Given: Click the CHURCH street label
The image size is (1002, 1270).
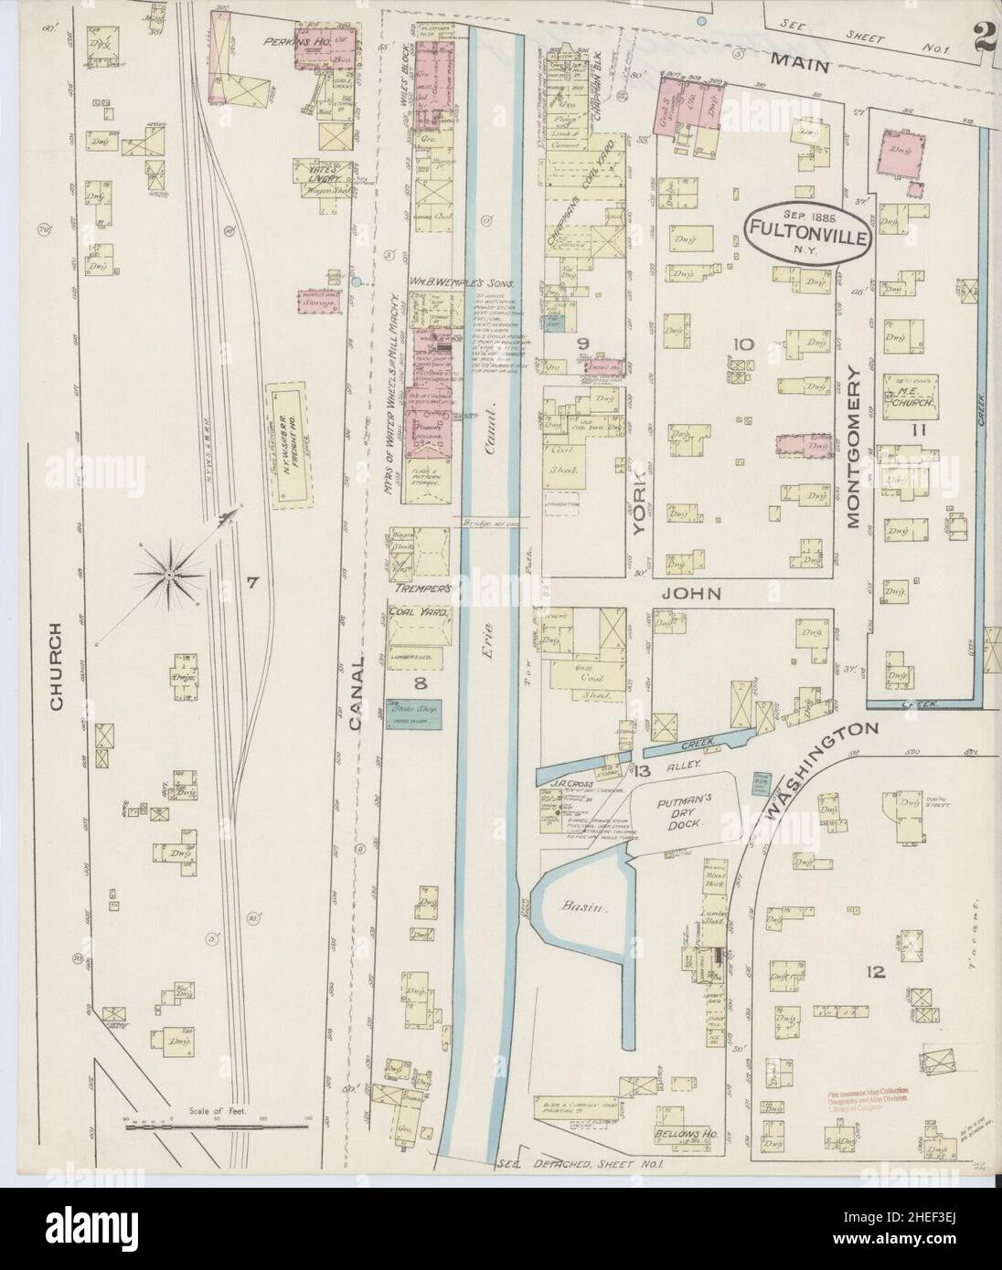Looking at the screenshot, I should (56, 667).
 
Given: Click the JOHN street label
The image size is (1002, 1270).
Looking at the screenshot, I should (698, 594).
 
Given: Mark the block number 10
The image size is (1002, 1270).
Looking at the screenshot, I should (742, 344).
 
